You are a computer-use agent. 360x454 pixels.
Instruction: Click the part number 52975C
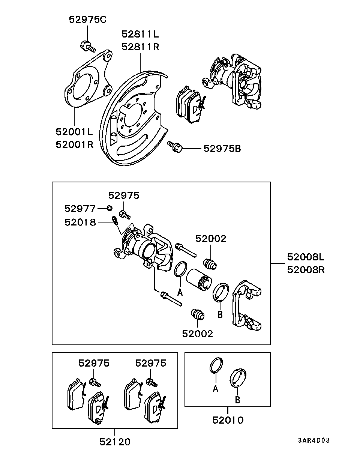click(x=87, y=20)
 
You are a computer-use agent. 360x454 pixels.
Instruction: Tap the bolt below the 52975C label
click(x=88, y=47)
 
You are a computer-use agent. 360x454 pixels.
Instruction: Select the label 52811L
click(x=140, y=34)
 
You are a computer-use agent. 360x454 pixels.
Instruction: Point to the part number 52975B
click(x=222, y=149)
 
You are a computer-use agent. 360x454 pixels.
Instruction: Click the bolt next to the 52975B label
click(x=175, y=147)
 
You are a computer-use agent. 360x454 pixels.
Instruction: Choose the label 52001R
click(x=75, y=145)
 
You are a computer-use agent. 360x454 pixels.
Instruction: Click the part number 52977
click(x=80, y=209)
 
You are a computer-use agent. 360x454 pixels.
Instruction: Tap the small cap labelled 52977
click(x=109, y=208)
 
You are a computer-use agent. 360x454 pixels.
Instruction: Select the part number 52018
click(x=80, y=222)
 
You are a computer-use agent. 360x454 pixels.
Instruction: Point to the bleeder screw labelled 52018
click(x=115, y=221)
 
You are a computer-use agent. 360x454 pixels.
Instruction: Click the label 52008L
click(x=306, y=257)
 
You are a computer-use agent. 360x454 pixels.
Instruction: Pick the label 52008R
click(x=306, y=270)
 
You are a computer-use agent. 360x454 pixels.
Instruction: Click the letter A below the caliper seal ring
click(x=180, y=292)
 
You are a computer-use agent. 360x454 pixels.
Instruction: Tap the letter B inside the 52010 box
click(x=237, y=400)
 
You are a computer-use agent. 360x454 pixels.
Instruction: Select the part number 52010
click(x=228, y=420)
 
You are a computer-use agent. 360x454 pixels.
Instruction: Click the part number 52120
click(x=115, y=442)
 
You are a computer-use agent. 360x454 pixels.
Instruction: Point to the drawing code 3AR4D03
click(x=314, y=440)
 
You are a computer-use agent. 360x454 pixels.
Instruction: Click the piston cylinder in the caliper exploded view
click(x=199, y=280)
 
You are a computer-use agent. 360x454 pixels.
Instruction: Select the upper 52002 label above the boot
click(x=211, y=239)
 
